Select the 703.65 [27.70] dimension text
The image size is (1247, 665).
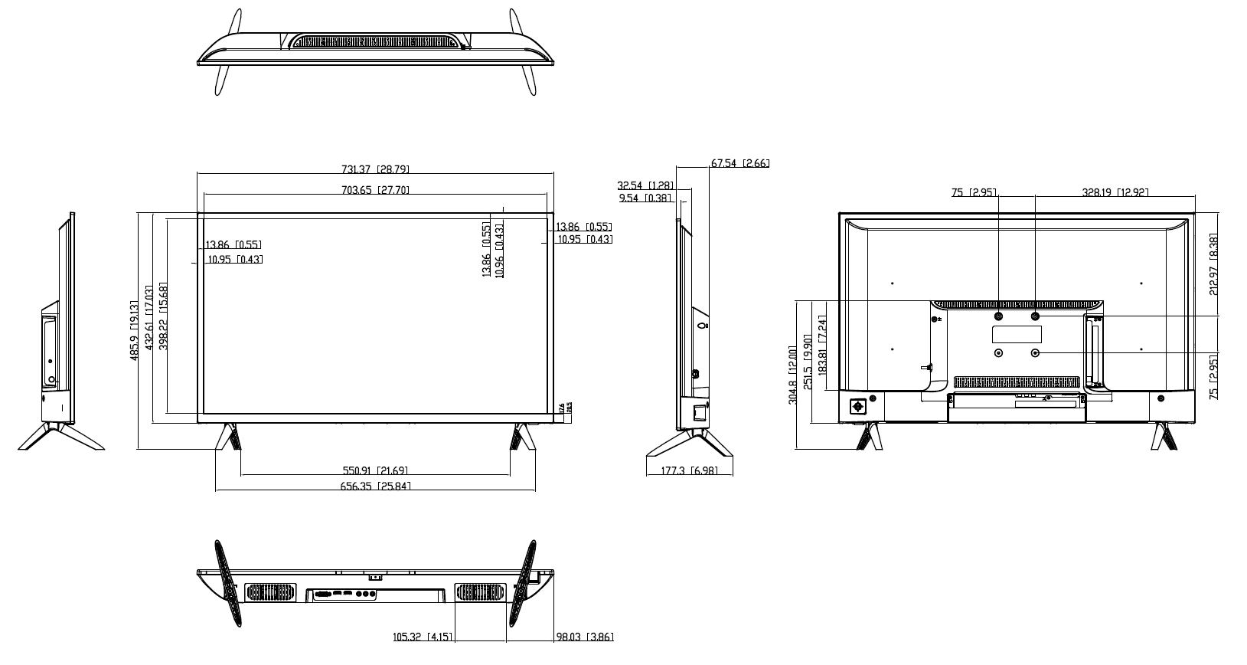pos(375,190)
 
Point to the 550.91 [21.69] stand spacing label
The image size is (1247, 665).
pos(375,470)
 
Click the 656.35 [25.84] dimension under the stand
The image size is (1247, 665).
pos(375,486)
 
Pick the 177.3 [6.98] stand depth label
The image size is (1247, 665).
pos(689,470)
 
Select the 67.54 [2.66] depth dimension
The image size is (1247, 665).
pos(739,163)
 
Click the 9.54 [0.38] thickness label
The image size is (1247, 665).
pos(645,198)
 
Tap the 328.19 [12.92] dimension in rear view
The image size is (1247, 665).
pos(1115,192)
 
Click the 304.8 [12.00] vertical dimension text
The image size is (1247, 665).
pos(793,375)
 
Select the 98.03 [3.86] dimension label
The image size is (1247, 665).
pos(584,637)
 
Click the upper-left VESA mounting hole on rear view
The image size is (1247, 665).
pos(998,316)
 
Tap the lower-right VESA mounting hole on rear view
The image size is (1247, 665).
pos(1036,352)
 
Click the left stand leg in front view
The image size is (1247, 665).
pos(227,437)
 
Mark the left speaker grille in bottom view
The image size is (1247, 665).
pos(270,593)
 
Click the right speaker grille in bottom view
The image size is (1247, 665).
pos(481,593)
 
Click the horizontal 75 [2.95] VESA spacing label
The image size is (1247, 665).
pos(973,192)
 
